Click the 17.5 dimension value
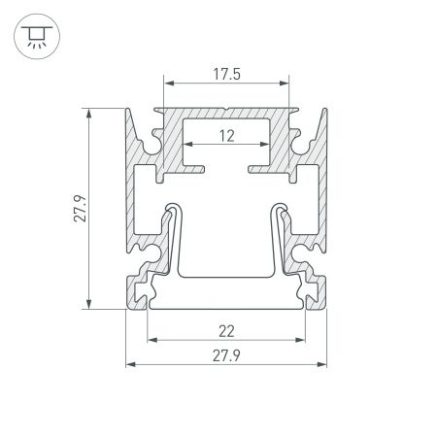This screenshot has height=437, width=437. (x=225, y=72)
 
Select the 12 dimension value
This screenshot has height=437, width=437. (x=226, y=136)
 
